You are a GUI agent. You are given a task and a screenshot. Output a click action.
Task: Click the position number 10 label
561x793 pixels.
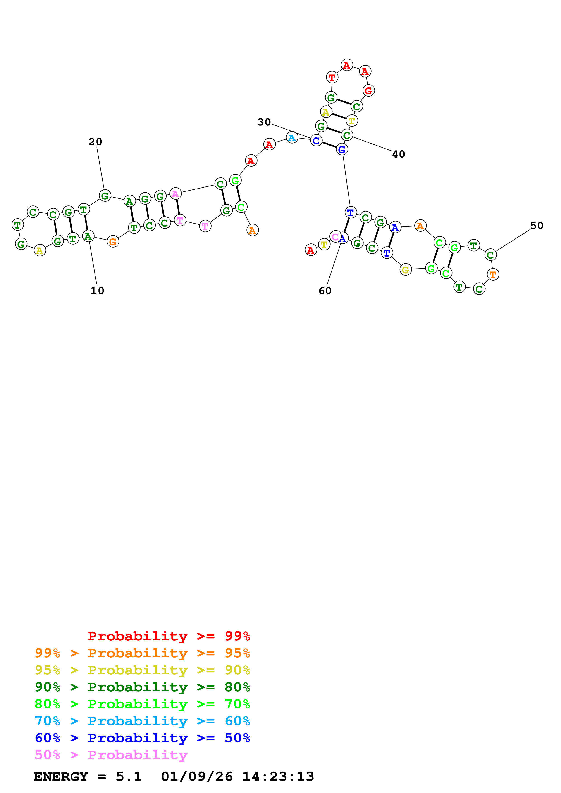(97, 290)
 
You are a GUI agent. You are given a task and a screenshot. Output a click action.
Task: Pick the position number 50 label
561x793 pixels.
(537, 226)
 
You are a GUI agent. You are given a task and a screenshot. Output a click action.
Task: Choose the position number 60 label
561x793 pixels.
(325, 291)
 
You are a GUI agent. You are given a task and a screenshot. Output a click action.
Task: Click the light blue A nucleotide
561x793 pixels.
(292, 138)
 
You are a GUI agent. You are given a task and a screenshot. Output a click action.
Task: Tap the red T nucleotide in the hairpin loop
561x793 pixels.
(332, 77)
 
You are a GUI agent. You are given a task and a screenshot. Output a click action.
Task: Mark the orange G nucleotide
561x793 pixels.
(113, 242)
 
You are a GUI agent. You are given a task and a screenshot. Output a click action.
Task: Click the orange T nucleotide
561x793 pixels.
(493, 275)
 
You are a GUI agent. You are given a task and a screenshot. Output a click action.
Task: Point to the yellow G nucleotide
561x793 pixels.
(406, 269)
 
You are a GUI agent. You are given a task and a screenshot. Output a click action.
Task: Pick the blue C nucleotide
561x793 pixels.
(316, 141)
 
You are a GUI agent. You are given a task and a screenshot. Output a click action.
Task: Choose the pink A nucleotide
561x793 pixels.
(176, 194)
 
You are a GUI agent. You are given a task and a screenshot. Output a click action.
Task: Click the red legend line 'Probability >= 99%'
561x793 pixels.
(169, 636)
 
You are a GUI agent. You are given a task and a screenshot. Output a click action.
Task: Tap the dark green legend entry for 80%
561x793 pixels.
(142, 687)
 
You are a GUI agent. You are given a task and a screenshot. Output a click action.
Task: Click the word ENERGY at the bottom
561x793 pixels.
(61, 776)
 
